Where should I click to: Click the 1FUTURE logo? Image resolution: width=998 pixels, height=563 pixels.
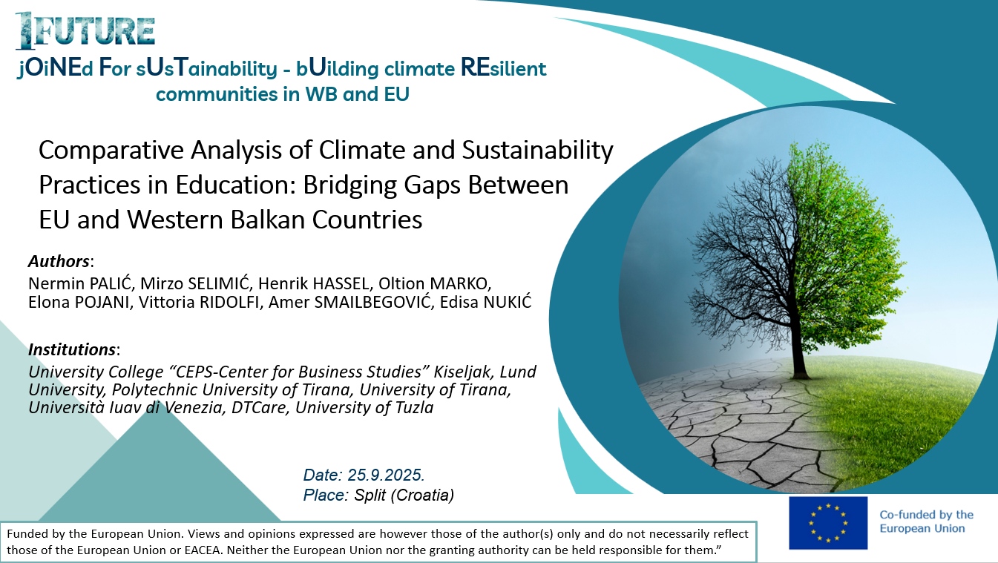click(85, 30)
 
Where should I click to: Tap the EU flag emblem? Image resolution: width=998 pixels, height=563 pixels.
click(828, 523)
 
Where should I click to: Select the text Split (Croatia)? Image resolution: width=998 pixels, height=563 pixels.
click(404, 495)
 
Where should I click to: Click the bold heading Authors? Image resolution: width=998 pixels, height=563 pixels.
click(59, 261)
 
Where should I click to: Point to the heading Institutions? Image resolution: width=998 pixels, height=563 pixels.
click(72, 349)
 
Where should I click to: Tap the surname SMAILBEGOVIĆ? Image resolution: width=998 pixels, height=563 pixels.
click(374, 302)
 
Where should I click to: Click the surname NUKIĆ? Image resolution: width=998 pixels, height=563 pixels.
click(508, 302)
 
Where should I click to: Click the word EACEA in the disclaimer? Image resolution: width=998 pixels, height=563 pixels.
click(203, 550)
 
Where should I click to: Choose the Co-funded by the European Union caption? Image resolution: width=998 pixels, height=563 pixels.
click(926, 521)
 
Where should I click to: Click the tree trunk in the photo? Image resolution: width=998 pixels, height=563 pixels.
click(799, 352)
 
